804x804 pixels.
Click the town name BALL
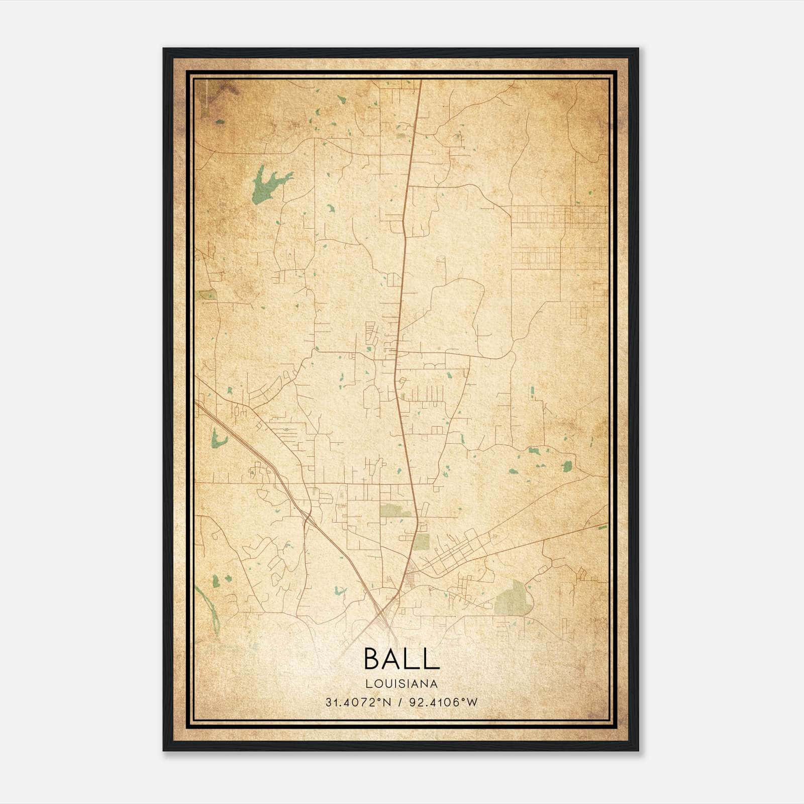click(x=401, y=659)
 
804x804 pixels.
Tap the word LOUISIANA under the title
click(x=401, y=683)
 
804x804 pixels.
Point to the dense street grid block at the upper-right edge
click(x=558, y=216)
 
